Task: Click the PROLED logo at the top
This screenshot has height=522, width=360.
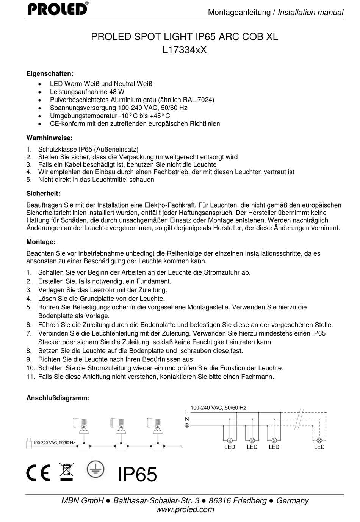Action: tap(58, 8)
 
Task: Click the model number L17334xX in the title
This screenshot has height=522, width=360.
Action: tap(185, 50)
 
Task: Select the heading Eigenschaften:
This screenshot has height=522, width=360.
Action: tap(50, 73)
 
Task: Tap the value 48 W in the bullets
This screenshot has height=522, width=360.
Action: tap(117, 92)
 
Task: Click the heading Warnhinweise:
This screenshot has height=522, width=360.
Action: tap(50, 138)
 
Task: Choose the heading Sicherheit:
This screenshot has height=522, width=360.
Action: tap(43, 194)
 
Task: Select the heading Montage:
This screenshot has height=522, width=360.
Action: tap(41, 242)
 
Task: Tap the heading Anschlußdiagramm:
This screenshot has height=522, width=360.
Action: tap(58, 398)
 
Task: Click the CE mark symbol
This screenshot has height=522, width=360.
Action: tap(38, 473)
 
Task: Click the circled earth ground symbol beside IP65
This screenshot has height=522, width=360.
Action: tap(95, 469)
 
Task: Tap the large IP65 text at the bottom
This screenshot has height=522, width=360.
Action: tap(137, 474)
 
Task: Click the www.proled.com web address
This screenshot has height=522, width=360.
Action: tap(185, 509)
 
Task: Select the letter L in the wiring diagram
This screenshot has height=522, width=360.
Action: tap(187, 413)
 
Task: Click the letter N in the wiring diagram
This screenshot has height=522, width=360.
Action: tap(187, 419)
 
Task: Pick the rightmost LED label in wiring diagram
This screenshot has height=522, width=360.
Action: tap(319, 447)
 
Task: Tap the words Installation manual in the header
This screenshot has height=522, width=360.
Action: tap(310, 13)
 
